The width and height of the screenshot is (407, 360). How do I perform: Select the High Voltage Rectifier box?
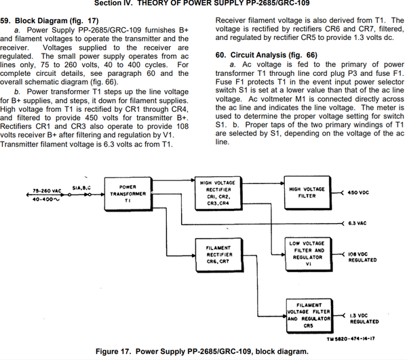(x=218, y=193)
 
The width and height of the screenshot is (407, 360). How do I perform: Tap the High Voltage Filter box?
(x=307, y=193)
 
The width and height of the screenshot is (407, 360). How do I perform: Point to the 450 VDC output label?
(x=360, y=193)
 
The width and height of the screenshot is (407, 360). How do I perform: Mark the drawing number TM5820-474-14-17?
(x=351, y=338)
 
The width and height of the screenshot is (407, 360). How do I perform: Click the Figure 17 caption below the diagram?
(x=201, y=351)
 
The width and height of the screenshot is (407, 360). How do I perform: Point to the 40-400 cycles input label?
(x=42, y=199)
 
